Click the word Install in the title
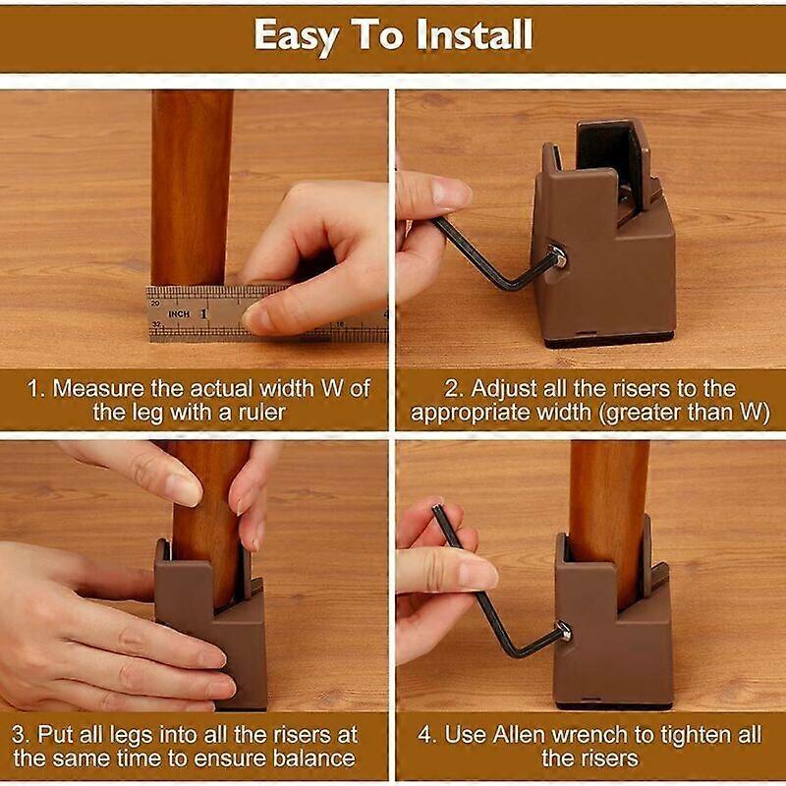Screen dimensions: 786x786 pos(475,34)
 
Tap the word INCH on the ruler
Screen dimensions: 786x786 pos(179,314)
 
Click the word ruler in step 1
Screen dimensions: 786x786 pos(261,413)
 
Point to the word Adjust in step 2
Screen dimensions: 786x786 pos(504,389)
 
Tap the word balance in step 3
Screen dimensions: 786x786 pos(313,758)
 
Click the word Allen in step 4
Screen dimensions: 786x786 pos(518,735)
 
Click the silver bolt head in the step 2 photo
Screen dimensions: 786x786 pos(558,255)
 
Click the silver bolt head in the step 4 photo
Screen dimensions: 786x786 pos(564,631)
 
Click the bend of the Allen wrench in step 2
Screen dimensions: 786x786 pos(512,287)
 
